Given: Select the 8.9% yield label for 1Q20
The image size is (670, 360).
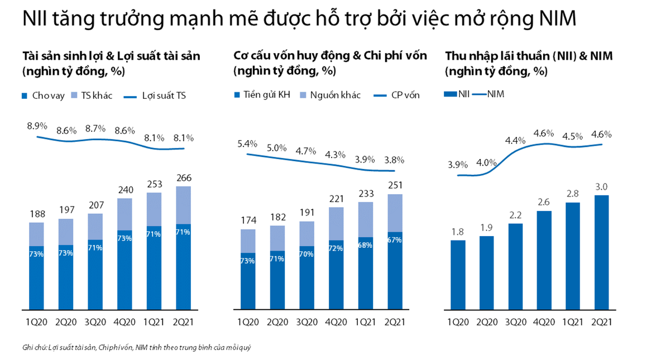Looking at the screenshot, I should tap(36, 126).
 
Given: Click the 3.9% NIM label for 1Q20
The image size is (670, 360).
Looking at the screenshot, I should tap(457, 165).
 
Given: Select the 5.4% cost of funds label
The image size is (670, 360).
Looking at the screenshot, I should tap(247, 143).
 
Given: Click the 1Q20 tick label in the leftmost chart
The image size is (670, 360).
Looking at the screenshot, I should tap(36, 321).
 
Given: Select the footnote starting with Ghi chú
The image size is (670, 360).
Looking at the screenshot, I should tap(137, 347).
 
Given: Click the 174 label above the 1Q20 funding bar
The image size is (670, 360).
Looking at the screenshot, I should tap(247, 220).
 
